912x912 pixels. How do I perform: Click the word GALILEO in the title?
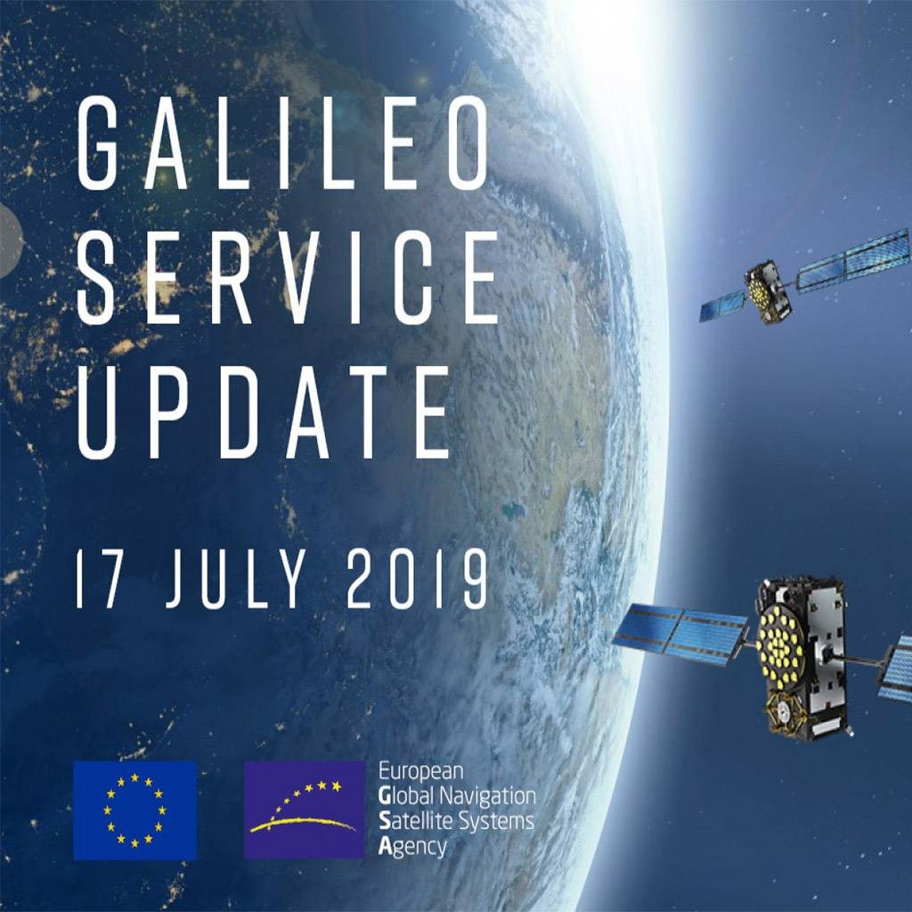(x=282, y=143)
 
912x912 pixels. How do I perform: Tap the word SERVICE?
(x=288, y=278)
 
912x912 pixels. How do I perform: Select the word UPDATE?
(x=264, y=411)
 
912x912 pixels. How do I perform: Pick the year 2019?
(x=417, y=579)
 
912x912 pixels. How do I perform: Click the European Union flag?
(x=135, y=810)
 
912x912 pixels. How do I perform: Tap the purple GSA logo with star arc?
(x=305, y=810)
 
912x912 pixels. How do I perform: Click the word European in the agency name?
(x=421, y=772)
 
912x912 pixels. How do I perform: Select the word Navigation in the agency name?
(x=487, y=795)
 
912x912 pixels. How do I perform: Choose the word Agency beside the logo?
(x=412, y=848)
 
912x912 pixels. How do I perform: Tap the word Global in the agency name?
(x=407, y=795)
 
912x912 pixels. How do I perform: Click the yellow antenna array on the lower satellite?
(x=780, y=646)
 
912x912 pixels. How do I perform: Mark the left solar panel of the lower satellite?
(x=680, y=634)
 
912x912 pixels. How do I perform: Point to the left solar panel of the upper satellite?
(x=721, y=306)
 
